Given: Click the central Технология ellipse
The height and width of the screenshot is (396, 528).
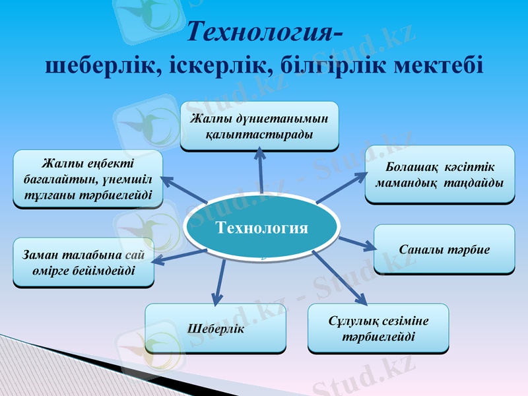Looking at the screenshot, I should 262,228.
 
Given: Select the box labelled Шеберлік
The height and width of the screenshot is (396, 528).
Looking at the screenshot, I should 216,328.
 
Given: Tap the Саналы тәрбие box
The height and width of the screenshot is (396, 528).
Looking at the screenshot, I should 444,249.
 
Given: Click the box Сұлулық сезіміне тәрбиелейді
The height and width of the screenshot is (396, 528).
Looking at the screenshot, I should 378,328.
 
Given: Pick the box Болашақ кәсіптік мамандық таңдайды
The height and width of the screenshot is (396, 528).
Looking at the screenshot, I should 440,174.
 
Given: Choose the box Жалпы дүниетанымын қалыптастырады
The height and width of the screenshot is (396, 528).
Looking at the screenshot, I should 259,125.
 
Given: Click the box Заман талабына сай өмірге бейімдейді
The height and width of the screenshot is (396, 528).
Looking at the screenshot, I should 83,262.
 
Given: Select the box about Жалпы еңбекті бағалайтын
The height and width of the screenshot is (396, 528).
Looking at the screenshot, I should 88,179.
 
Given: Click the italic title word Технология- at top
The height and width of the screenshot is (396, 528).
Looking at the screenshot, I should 265,31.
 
